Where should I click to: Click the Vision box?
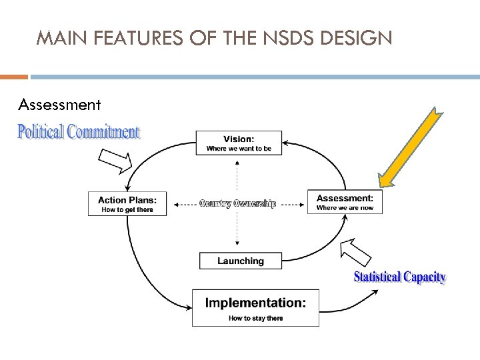tap(239, 143)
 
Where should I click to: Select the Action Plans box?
tap(127, 203)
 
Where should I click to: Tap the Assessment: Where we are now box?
tap(345, 202)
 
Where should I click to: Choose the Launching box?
tap(240, 261)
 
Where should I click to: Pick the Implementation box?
tap(255, 307)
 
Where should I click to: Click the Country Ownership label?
tap(237, 204)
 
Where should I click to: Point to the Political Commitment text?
tap(79, 132)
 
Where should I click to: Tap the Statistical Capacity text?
tap(399, 277)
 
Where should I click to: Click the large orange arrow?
tap(409, 147)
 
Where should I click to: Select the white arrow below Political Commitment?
tap(115, 159)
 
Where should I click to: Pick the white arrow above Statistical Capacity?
tap(355, 252)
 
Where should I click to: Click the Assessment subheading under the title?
tap(60, 105)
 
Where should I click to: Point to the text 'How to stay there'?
tap(255, 318)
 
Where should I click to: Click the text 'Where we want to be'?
tap(239, 149)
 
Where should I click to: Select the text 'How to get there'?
tap(127, 210)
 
